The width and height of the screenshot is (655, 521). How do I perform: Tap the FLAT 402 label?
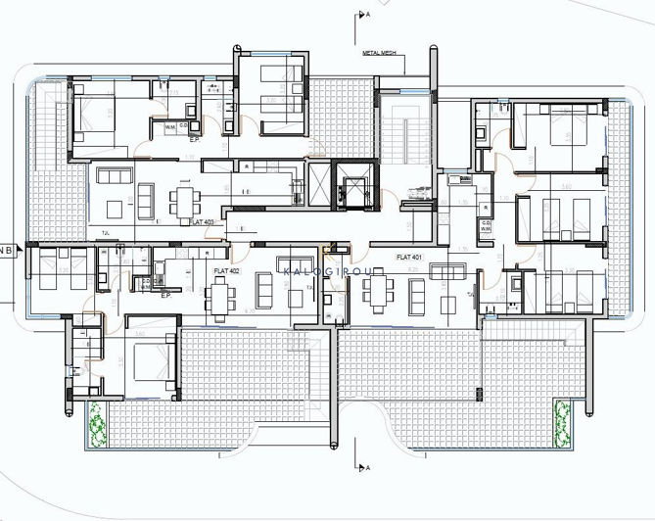click(227, 269)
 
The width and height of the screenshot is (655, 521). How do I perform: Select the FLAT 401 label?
click(410, 257)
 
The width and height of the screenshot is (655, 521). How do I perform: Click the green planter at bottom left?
click(97, 426)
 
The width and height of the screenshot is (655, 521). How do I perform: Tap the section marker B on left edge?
click(8, 250)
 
